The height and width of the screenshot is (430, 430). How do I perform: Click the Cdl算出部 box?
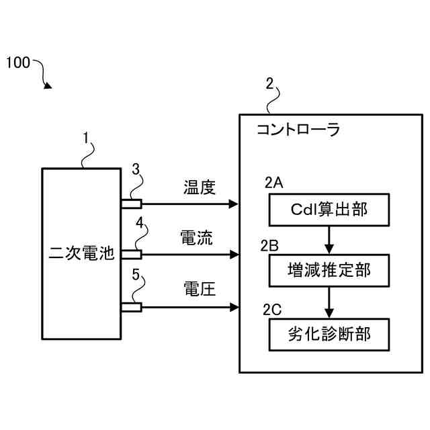(x=329, y=210)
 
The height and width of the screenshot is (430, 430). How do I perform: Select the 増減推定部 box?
(x=329, y=272)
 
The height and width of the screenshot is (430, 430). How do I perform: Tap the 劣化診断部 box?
(x=329, y=333)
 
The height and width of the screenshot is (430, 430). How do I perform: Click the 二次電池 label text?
(x=82, y=254)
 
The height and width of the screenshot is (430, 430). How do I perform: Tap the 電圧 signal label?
(x=199, y=289)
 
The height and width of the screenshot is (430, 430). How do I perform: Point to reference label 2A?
(x=274, y=182)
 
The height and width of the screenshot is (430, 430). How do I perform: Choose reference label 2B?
(x=270, y=245)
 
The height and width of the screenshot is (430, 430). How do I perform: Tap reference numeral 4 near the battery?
(x=139, y=222)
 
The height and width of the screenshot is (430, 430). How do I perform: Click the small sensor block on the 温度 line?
(x=131, y=204)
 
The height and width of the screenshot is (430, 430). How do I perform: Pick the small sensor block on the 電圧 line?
(x=131, y=307)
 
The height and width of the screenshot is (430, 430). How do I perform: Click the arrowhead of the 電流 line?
(x=234, y=255)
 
